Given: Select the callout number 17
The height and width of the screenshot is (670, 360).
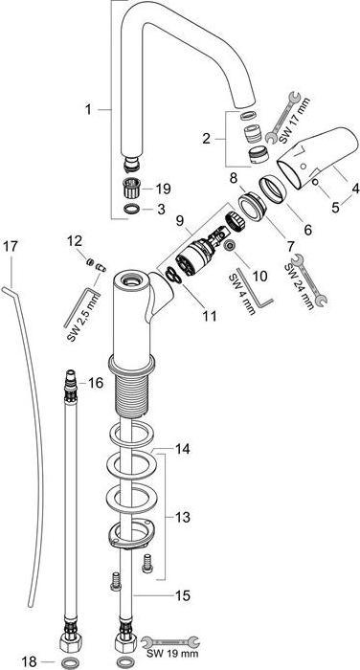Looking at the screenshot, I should [11, 246].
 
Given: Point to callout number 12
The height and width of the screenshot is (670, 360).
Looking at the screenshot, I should [73, 242].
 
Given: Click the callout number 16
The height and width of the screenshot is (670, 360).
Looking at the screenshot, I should [95, 383].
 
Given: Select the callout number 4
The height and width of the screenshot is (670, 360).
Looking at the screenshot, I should [354, 190].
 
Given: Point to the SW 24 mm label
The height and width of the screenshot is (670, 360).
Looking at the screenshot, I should [307, 281].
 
